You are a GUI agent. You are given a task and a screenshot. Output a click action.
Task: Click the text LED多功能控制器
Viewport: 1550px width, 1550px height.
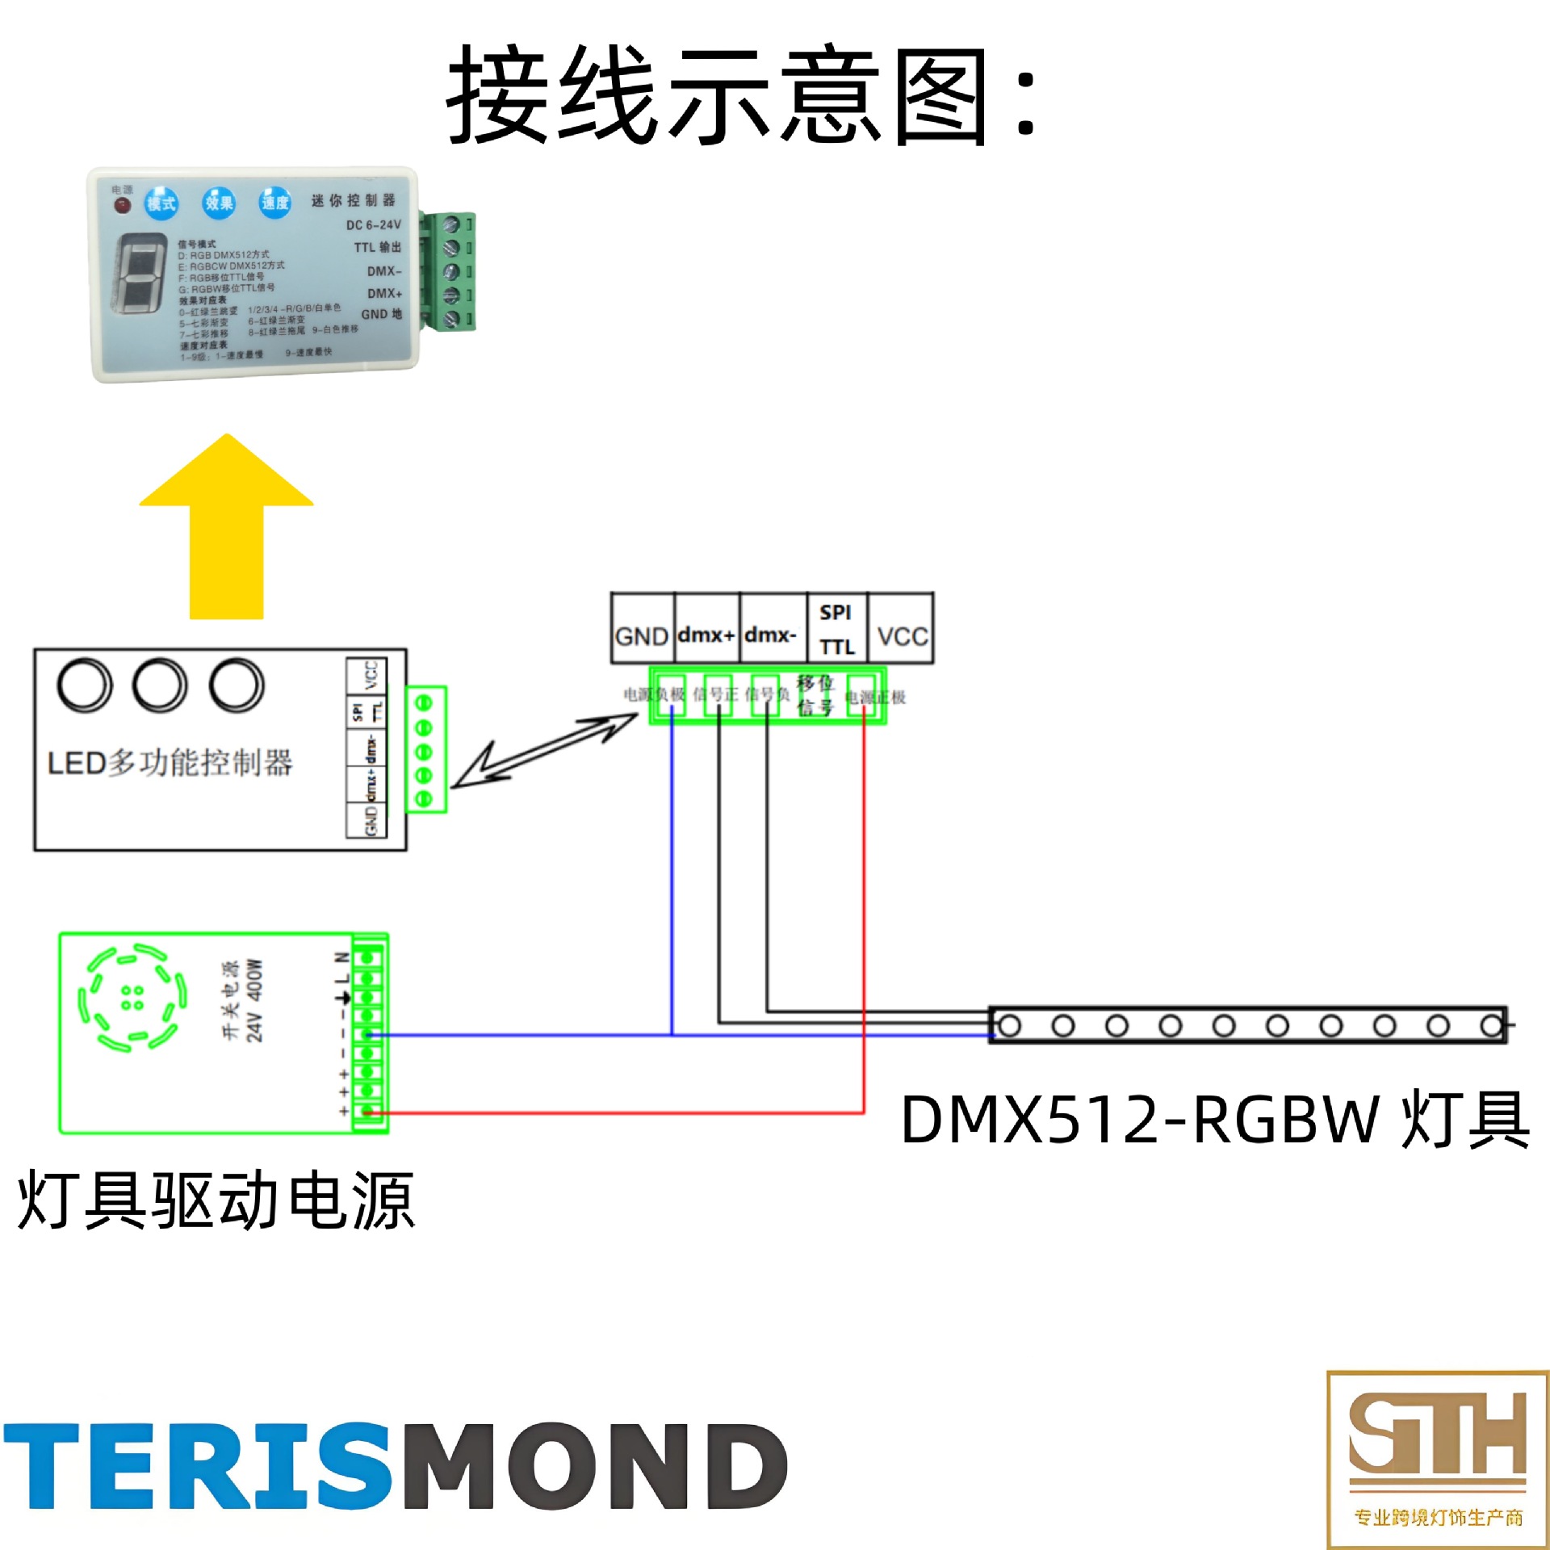tap(170, 762)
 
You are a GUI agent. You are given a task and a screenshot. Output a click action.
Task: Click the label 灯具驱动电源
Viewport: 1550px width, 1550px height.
tap(216, 1201)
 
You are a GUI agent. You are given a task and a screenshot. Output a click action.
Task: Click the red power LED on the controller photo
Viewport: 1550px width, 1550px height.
tap(122, 205)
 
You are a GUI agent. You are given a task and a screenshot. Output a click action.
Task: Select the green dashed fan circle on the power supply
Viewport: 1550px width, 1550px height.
tap(132, 998)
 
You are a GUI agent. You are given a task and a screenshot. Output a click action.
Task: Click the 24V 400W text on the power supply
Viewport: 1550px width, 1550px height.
tap(254, 1001)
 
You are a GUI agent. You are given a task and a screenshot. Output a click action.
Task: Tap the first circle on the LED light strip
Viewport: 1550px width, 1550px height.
tap(1010, 1026)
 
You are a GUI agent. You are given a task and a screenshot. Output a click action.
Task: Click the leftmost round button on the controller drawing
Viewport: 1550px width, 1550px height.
tap(84, 685)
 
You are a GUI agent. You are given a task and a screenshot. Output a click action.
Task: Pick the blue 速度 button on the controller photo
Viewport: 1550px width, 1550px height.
tap(274, 203)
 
